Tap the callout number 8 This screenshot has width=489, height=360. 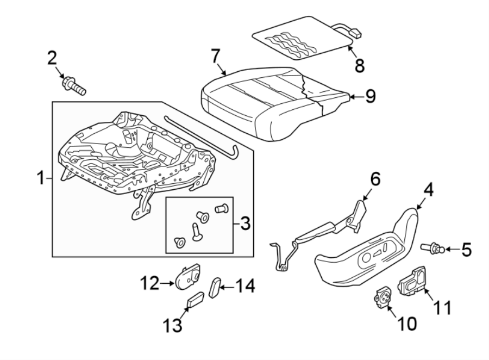point(359,65)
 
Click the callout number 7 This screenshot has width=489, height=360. point(216,55)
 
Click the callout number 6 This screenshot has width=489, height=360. point(376,179)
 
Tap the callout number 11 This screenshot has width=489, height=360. point(442,308)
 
